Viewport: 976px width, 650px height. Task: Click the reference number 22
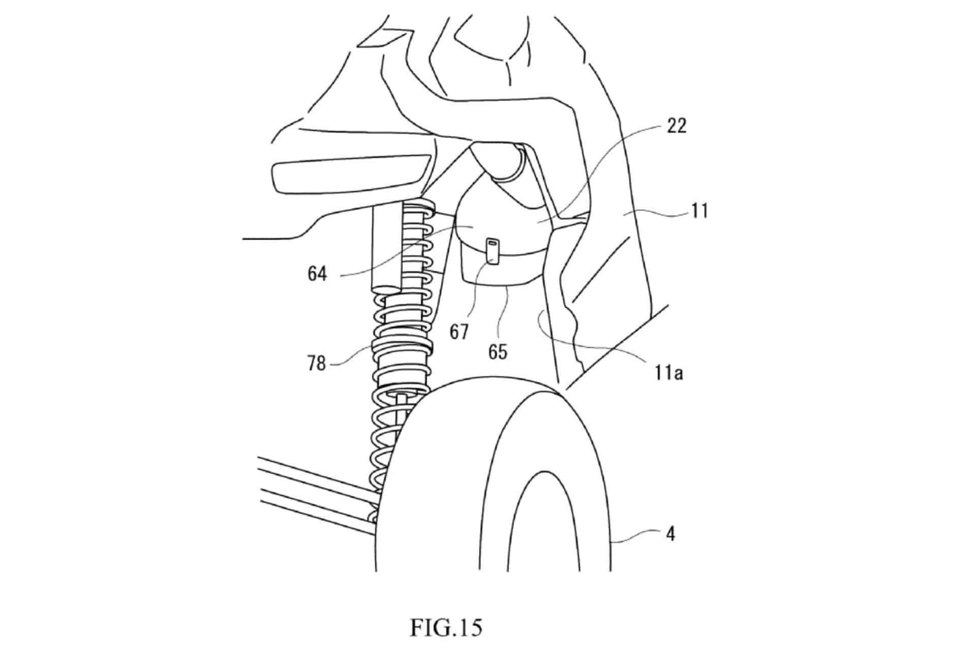676,125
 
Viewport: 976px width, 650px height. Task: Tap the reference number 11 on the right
699,210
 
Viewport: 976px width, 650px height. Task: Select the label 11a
668,373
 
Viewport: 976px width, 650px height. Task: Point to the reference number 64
317,274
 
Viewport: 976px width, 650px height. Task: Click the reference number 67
459,332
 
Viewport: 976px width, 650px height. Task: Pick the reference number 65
498,351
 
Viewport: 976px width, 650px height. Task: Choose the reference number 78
316,364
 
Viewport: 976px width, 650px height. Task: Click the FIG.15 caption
445,628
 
